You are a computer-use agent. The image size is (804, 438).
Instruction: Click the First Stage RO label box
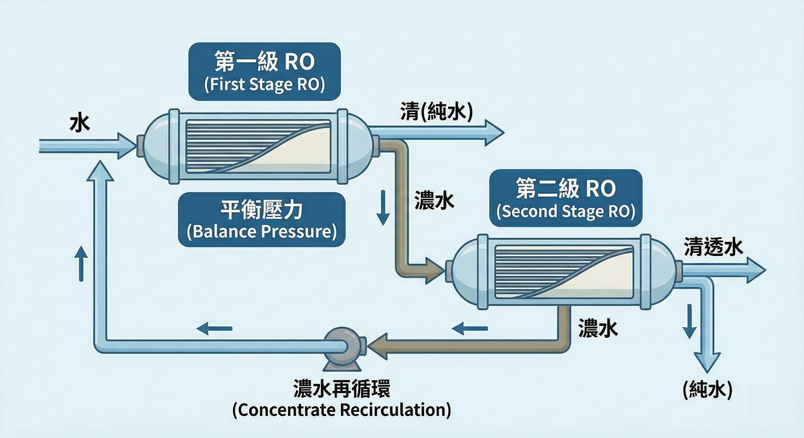264,72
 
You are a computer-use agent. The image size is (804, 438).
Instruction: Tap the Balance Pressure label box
262,220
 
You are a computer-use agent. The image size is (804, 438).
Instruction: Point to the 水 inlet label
80,124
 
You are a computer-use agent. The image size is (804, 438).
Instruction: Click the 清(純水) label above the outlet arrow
436,112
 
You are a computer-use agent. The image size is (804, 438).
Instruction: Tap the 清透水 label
713,247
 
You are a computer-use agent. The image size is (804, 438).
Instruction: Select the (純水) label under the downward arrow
707,390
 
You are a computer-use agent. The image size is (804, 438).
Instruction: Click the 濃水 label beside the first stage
434,201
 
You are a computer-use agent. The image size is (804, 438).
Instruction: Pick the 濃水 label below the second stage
598,328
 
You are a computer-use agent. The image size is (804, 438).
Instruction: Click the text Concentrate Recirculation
341,410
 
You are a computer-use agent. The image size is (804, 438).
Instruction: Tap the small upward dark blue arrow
81,263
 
